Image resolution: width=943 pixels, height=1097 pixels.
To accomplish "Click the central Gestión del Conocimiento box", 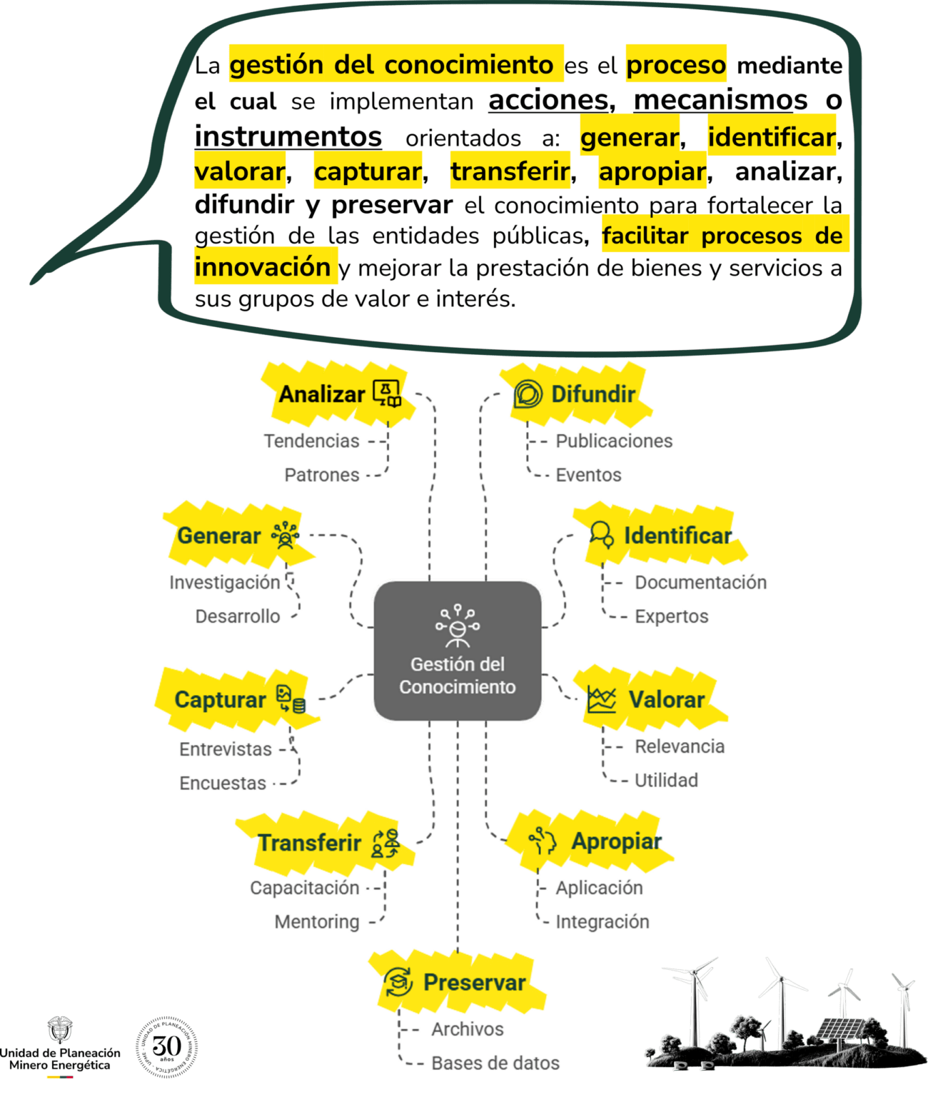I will (458, 650).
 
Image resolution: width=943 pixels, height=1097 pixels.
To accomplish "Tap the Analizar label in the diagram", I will (322, 394).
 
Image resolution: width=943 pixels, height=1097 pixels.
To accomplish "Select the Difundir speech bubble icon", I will (528, 394).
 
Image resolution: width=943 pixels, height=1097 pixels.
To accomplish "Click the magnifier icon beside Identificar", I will (601, 534).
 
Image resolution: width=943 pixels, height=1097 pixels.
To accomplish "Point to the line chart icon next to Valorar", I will (601, 699).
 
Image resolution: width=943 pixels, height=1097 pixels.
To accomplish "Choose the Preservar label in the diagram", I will (474, 982).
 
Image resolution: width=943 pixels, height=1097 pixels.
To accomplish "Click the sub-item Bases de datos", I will (495, 1063).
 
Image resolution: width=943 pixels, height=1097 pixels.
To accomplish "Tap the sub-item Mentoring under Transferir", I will (317, 922).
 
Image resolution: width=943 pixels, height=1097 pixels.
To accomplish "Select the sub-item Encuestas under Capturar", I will (223, 783).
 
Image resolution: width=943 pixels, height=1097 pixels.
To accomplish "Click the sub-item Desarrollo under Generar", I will (238, 616).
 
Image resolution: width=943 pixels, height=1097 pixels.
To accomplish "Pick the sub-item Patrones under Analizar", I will (322, 474).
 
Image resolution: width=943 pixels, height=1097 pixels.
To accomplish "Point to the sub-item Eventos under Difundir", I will (589, 475).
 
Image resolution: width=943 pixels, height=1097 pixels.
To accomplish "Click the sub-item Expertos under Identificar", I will (672, 616).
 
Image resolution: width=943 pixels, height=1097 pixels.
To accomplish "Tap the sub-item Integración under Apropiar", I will (602, 921).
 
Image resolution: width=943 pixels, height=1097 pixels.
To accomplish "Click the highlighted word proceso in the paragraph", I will (676, 65).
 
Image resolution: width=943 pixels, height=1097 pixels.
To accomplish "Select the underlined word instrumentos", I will (288, 136).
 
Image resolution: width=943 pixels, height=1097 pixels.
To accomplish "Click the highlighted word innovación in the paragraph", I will (263, 267).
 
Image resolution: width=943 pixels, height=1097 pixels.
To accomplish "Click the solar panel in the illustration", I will (839, 1030).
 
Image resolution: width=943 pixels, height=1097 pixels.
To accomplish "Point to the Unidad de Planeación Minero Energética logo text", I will (60, 1058).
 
